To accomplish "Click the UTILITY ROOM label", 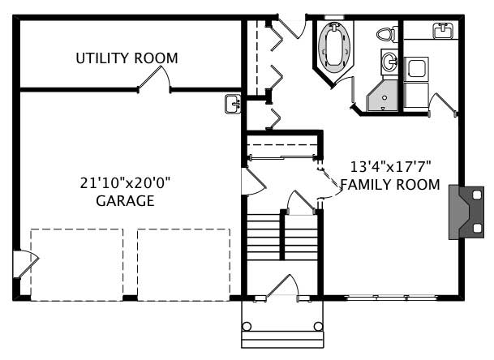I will click(x=127, y=58).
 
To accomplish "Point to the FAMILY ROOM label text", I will click(x=389, y=185).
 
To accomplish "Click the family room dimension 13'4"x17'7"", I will click(x=390, y=167).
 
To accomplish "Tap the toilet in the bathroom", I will click(x=386, y=35).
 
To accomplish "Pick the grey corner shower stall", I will click(x=380, y=96).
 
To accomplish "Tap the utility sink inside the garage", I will click(x=233, y=103).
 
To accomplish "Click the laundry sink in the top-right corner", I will click(x=443, y=31).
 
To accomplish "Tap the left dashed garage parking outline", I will click(x=77, y=264).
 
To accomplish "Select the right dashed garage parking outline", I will click(x=183, y=264).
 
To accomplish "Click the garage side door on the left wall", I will click(x=25, y=264).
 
